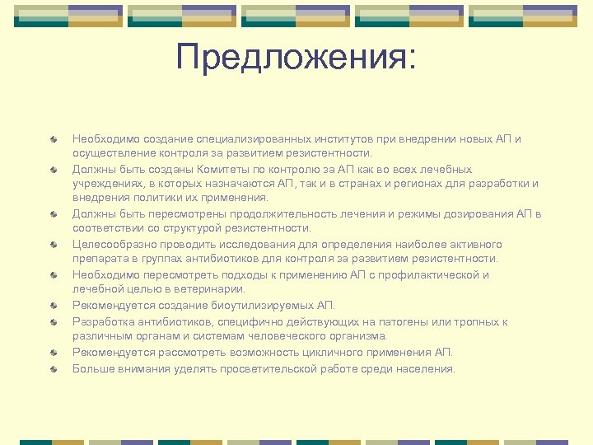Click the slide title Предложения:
[x=296, y=59]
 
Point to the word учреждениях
[x=104, y=183]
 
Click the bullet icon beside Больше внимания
[x=54, y=368]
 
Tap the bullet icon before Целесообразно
[x=54, y=244]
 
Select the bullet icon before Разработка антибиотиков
[x=54, y=321]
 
